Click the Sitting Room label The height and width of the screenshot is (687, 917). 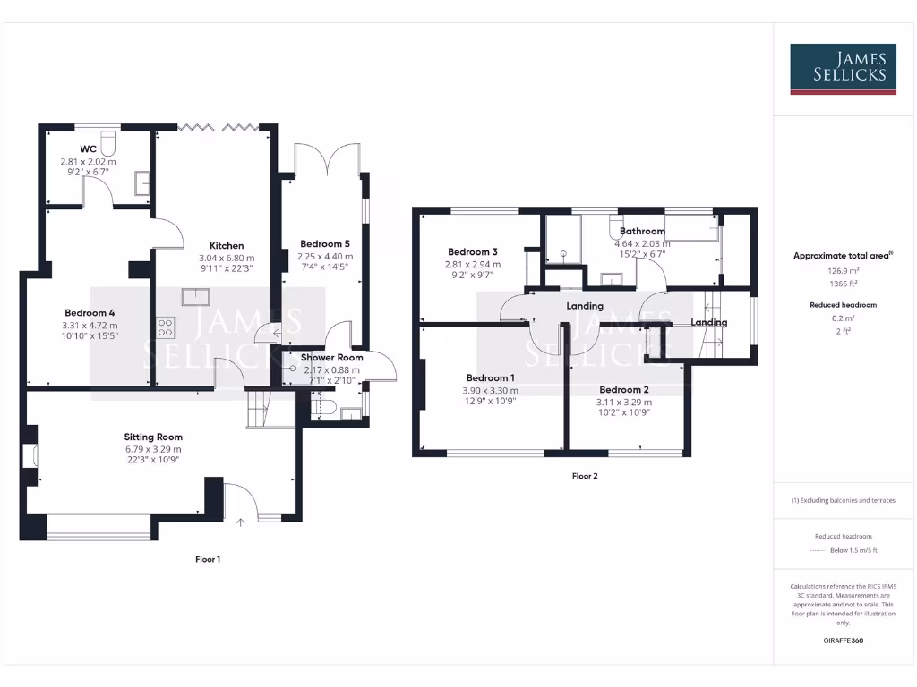pos(153,437)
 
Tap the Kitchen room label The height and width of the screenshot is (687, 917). pos(227,245)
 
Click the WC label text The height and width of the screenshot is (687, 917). pos(88,148)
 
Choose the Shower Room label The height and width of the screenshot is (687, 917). pos(332,358)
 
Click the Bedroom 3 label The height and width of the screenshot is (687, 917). pos(473,251)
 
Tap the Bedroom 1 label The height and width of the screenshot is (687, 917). pos(490,377)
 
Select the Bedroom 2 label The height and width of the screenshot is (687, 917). pos(624,390)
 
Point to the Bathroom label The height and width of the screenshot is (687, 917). pos(642,231)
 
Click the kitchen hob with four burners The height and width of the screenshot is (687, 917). pos(166,327)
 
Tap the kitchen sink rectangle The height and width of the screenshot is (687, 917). pos(196,295)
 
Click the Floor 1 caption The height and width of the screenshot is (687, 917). pos(208,559)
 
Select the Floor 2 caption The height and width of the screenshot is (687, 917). pos(585,476)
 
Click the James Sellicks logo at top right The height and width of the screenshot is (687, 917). pos(843,69)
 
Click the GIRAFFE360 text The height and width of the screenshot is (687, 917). pos(842,640)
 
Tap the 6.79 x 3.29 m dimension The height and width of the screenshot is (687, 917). pos(153,449)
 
